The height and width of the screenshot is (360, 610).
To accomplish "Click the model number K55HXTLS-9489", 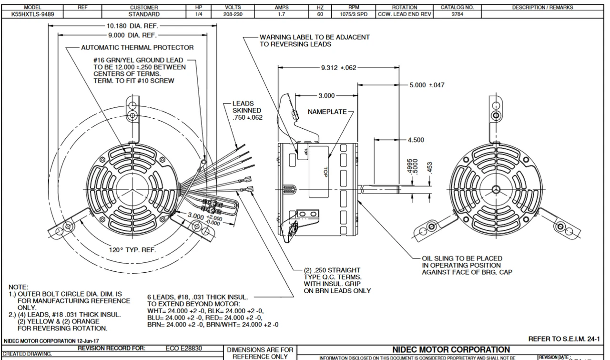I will [33, 14].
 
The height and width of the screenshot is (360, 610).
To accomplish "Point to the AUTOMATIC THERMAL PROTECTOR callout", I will [137, 48].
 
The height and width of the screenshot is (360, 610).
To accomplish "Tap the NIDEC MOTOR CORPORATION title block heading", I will [451, 350].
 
